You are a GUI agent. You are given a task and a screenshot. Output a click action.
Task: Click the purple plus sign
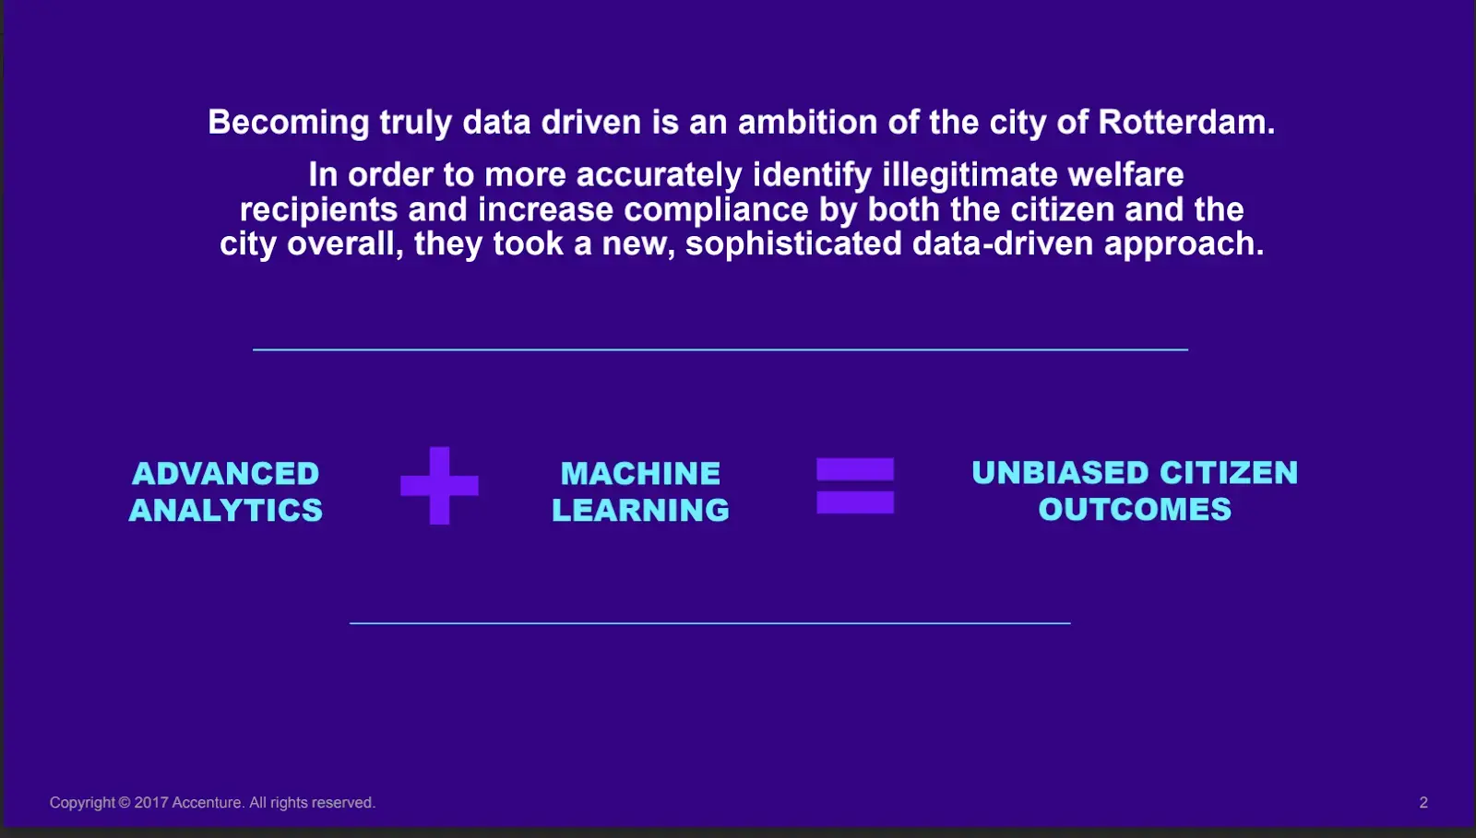pos(439,486)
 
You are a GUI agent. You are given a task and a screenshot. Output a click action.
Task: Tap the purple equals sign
pos(855,486)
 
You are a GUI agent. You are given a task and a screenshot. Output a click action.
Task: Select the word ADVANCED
pos(225,473)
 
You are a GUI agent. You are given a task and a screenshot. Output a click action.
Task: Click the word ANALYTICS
pos(226,510)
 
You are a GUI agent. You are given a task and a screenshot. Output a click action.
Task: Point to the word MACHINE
pos(640,473)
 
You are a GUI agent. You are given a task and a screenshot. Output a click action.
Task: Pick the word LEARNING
pos(640,510)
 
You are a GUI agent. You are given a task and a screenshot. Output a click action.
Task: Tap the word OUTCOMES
pos(1135,510)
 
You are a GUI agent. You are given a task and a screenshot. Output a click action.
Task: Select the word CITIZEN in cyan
pos(1229,473)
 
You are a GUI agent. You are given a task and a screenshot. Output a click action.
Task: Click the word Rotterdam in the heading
pos(1186,122)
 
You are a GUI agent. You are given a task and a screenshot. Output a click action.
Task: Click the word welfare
pos(1125,174)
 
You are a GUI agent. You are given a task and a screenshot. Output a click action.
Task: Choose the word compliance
pos(716,210)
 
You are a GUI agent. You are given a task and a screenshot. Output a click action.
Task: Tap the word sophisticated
pos(793,243)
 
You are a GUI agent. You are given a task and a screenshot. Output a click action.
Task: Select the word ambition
pos(807,122)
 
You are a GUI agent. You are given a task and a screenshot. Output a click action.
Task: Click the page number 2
pos(1423,802)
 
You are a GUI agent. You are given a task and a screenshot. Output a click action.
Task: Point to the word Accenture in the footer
pos(208,802)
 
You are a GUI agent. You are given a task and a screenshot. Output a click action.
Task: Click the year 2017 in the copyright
pos(151,802)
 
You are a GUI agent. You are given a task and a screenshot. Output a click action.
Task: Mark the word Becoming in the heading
pos(289,124)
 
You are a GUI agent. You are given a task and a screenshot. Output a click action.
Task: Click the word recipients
pos(319,210)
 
